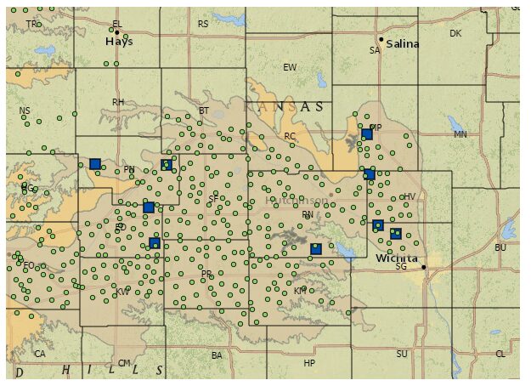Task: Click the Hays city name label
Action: tap(119, 41)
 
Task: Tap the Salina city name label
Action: tap(403, 44)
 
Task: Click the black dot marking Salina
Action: tap(381, 39)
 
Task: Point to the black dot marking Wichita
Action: tap(424, 267)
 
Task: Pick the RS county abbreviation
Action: tap(203, 24)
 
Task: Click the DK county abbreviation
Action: tap(455, 33)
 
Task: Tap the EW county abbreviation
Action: tap(290, 67)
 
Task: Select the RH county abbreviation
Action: tap(118, 102)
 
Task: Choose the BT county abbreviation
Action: tap(203, 111)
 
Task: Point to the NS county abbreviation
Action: tap(24, 111)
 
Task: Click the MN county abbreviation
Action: tap(460, 134)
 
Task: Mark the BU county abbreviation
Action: tap(500, 247)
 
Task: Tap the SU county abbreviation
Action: tap(402, 354)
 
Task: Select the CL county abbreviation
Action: tap(500, 354)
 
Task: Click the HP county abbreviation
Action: tap(309, 363)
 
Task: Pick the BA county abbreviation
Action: tap(217, 355)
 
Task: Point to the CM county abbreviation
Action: tap(124, 363)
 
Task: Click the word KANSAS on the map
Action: tap(283, 107)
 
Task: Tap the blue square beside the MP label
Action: tap(367, 134)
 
